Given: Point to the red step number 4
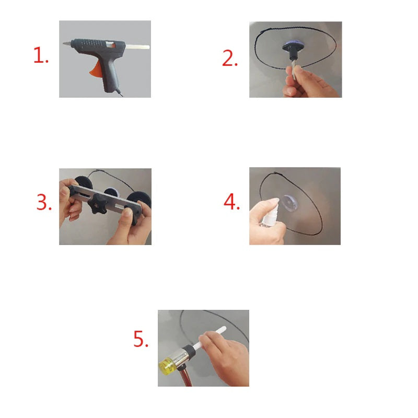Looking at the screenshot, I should pyautogui.click(x=230, y=203).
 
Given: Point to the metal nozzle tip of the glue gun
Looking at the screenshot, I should pyautogui.click(x=65, y=44).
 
